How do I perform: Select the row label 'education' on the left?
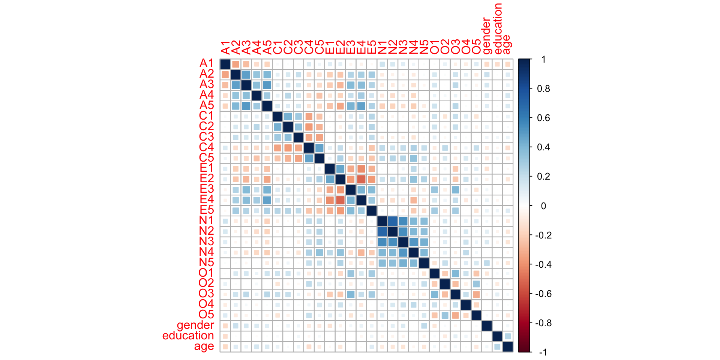[188, 336]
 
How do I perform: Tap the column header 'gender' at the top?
[487, 36]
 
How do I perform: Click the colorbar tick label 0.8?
[543, 89]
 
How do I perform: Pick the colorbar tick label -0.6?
[543, 294]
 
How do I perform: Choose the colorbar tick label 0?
[543, 206]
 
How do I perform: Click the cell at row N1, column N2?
[393, 221]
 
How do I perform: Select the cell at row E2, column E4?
[361, 179]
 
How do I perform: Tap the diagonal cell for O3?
[455, 294]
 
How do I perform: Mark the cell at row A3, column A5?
[267, 85]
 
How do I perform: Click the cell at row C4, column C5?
[319, 148]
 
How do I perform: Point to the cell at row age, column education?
[497, 347]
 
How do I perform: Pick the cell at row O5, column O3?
[455, 315]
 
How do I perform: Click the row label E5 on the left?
[206, 210]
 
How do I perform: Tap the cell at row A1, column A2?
[235, 64]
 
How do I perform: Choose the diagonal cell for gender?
[487, 326]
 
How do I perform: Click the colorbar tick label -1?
[543, 352]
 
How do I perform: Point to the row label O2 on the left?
[206, 283]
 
